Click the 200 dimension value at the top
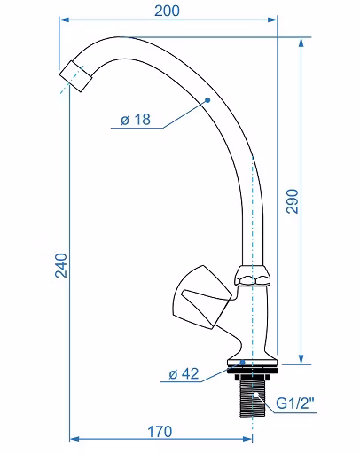(167, 11)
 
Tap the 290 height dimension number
(293, 201)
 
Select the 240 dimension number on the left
(61, 265)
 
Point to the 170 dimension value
(160, 432)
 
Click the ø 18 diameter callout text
(136, 120)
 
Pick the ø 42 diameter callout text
(184, 374)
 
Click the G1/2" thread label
(295, 403)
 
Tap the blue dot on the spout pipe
(207, 100)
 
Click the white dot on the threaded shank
(256, 395)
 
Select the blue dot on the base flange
(243, 362)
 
